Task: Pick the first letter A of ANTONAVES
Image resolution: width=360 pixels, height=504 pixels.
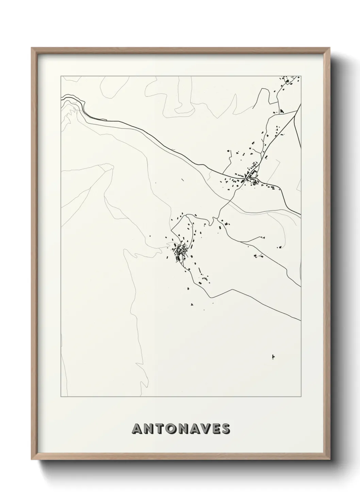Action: pyautogui.click(x=136, y=429)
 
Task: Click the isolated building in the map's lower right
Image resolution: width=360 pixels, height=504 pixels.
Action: pyautogui.click(x=273, y=357)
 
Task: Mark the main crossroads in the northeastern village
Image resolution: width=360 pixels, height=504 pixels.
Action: pyautogui.click(x=251, y=178)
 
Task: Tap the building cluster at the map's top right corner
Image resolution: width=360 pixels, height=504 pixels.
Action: pyautogui.click(x=289, y=81)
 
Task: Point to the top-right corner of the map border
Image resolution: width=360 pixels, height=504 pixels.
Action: pyautogui.click(x=301, y=76)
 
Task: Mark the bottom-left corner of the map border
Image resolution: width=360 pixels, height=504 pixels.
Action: pyautogui.click(x=61, y=396)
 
